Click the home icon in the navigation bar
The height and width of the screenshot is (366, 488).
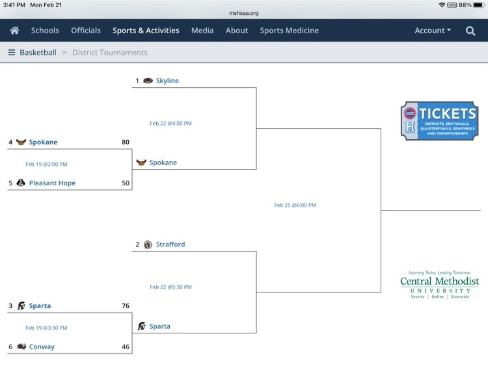[x=14, y=31]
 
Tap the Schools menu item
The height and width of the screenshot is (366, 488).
[x=45, y=31]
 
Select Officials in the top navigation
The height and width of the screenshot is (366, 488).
[x=86, y=31]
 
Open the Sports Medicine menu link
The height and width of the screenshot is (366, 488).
[x=289, y=31]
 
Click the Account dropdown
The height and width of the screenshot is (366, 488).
[x=433, y=31]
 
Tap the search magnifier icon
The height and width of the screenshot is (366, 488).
[x=470, y=31]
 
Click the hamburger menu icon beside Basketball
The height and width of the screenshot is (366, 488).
[x=12, y=52]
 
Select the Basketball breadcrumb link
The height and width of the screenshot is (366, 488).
[x=38, y=52]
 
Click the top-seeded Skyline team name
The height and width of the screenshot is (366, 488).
[x=167, y=81]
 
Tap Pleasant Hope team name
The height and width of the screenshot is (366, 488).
[x=52, y=183]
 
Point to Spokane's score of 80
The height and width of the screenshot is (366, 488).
[x=126, y=142]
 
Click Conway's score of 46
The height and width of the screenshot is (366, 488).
[x=126, y=346]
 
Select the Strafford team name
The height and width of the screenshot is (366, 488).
[x=170, y=244]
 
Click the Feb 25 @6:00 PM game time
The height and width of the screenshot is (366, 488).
[x=295, y=205]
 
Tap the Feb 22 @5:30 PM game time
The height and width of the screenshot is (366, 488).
[x=170, y=287]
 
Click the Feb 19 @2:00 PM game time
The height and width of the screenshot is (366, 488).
[x=46, y=164]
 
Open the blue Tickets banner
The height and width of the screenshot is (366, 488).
[x=439, y=121]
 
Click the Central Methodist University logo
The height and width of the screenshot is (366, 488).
[x=439, y=285]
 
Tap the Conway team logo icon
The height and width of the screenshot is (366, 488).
[x=21, y=346]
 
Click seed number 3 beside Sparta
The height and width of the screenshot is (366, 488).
[x=10, y=306]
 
